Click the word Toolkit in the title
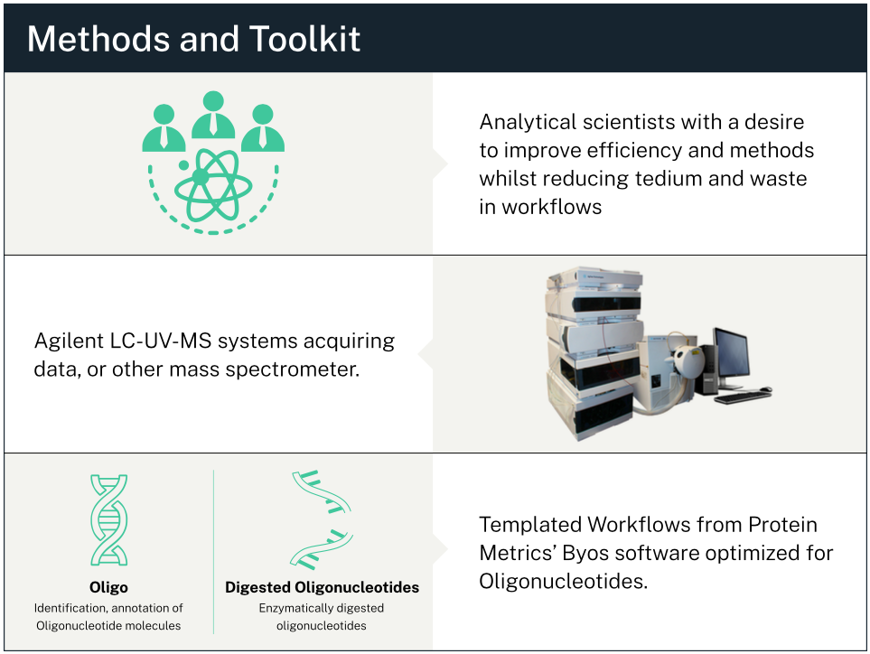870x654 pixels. click(304, 39)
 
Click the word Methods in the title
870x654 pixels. click(99, 39)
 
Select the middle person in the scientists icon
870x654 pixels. click(213, 115)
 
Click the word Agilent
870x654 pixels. click(70, 341)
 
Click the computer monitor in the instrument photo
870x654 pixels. click(732, 355)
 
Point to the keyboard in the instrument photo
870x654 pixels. click(742, 397)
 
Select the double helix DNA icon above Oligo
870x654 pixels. click(108, 519)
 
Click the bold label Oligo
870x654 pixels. click(108, 587)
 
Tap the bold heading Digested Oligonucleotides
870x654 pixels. click(322, 587)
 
